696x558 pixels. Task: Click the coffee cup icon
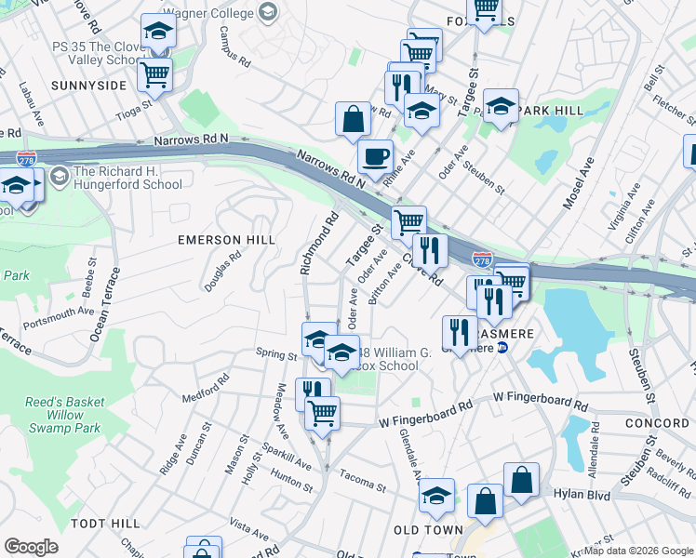tap(375, 156)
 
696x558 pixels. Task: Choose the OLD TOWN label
tap(428, 529)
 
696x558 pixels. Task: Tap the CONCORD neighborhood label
tap(657, 423)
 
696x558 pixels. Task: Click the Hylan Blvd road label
tap(582, 496)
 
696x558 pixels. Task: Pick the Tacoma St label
tap(361, 485)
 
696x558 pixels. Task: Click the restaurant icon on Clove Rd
tap(429, 249)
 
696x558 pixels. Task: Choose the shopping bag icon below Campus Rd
tap(354, 118)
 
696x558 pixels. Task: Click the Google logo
tap(32, 547)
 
